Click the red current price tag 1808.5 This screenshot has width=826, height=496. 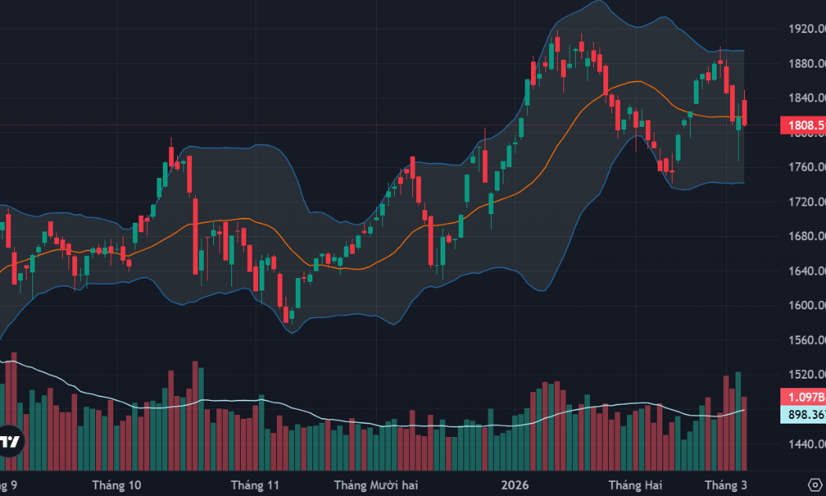(x=802, y=125)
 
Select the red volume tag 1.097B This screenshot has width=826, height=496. (x=802, y=397)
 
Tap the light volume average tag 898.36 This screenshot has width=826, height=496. (x=802, y=415)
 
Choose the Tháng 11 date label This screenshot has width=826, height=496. (x=256, y=485)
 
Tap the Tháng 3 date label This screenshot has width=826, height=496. (x=725, y=485)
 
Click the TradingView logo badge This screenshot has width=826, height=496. (x=10, y=442)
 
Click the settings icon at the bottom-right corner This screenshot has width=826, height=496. (x=815, y=483)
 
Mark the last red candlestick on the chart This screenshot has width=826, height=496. (x=744, y=112)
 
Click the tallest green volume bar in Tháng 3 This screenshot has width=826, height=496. (x=738, y=420)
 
